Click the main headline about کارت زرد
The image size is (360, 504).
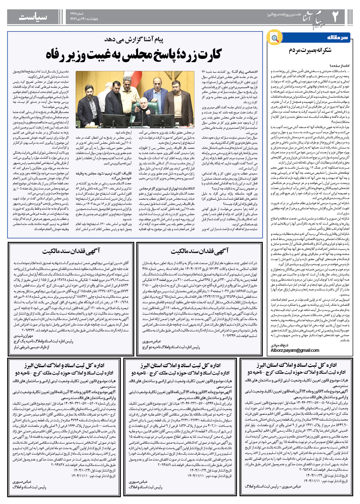tap(133, 55)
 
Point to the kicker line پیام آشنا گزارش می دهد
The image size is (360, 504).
tap(134, 40)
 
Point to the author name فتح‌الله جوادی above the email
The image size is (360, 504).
tap(280, 345)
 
